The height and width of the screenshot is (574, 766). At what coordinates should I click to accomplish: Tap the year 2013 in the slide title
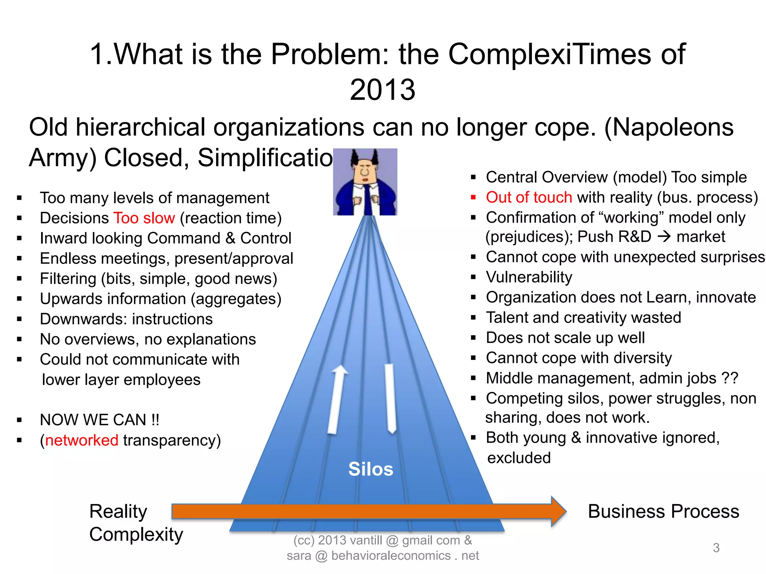(x=382, y=90)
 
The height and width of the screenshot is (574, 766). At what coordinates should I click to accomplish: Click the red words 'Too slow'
(x=144, y=218)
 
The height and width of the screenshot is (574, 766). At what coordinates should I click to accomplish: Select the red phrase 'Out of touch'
(x=529, y=197)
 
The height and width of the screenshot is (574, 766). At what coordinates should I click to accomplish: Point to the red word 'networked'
(x=82, y=440)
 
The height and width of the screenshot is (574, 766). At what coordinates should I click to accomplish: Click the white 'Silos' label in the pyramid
(x=371, y=469)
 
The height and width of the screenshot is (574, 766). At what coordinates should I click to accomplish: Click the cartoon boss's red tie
(x=368, y=198)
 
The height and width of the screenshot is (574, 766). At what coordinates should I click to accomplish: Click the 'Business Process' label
(x=663, y=511)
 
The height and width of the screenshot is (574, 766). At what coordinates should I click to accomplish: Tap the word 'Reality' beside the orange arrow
(x=118, y=511)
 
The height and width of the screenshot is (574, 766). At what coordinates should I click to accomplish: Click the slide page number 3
(x=716, y=548)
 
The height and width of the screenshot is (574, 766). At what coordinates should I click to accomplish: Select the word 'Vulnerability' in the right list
(x=529, y=277)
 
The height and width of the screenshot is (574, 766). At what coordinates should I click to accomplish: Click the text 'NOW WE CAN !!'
(x=99, y=420)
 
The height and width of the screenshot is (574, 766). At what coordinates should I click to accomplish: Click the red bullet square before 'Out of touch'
(x=473, y=197)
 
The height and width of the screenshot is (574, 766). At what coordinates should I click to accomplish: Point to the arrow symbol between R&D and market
(x=664, y=237)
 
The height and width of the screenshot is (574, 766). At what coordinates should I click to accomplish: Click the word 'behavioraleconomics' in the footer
(x=391, y=556)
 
